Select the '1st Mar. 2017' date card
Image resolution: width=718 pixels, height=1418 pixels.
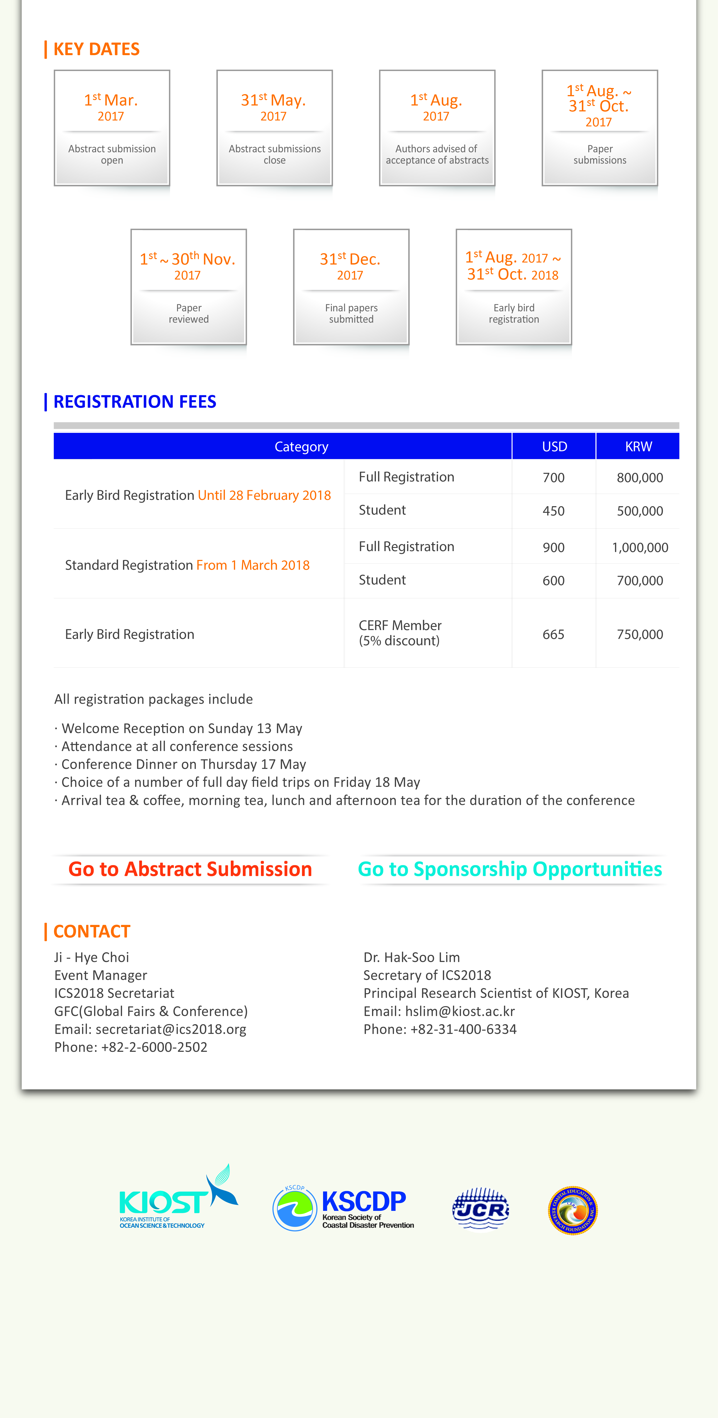112,128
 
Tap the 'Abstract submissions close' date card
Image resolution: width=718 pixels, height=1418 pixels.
274,128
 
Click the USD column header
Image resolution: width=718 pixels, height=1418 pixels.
554,446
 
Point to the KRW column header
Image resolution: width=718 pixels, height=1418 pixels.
638,446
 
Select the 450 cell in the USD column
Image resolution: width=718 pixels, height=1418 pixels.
553,511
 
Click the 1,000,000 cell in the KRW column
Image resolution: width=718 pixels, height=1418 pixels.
640,547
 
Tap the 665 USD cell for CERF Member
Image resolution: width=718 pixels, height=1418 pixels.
553,634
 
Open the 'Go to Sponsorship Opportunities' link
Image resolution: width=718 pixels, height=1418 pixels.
509,869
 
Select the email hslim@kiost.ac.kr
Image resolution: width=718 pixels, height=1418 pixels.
460,1011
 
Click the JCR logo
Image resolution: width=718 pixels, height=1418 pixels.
480,1209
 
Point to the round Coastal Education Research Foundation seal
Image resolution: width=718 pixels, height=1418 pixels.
573,1210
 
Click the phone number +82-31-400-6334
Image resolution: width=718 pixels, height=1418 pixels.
463,1029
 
